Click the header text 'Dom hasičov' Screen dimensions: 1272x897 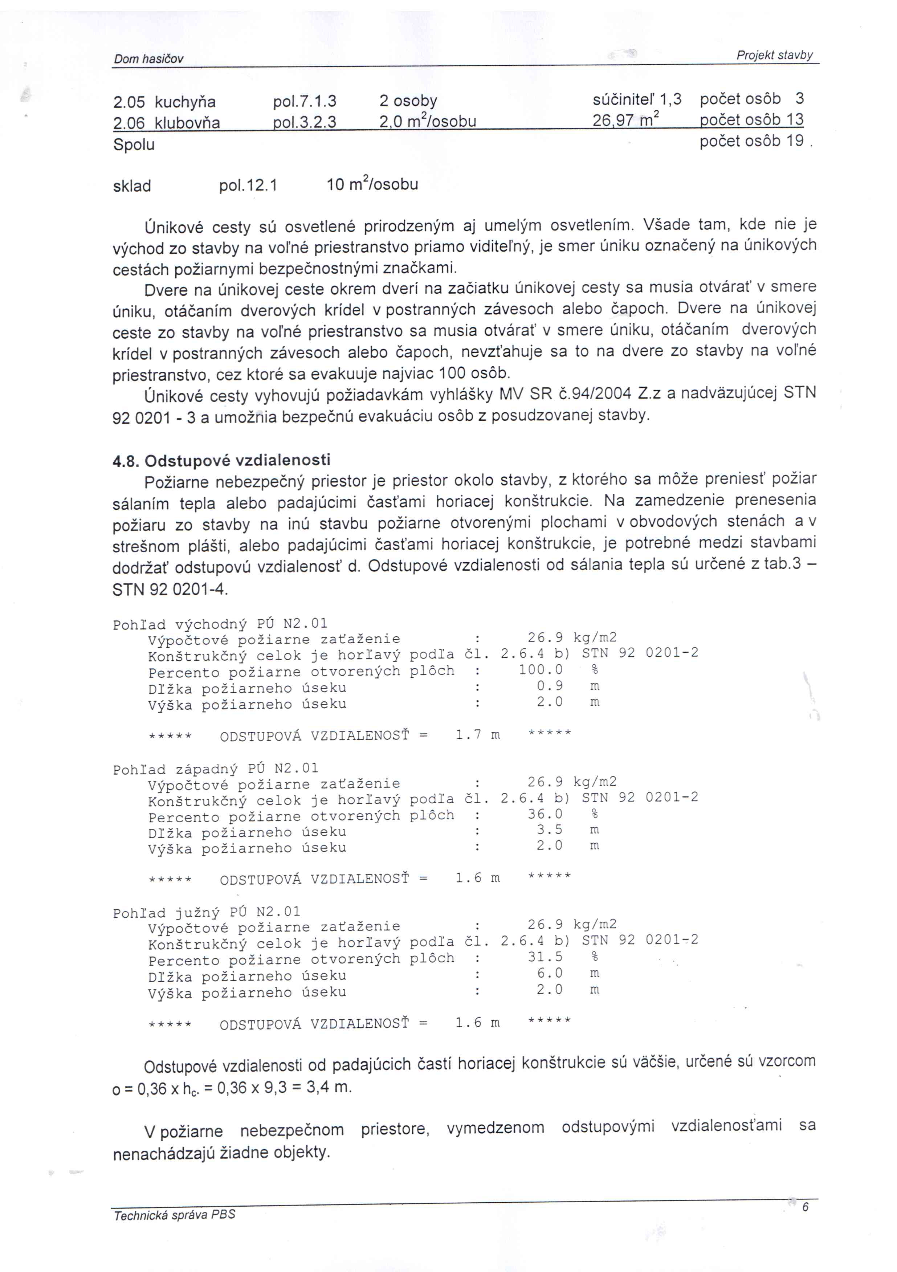click(x=148, y=59)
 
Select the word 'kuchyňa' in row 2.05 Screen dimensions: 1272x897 click(x=185, y=102)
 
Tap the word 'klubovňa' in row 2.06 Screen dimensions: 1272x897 click(x=187, y=122)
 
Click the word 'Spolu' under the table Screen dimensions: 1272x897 click(x=134, y=144)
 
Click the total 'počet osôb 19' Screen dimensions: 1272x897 click(x=751, y=141)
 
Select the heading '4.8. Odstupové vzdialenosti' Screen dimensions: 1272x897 click(x=222, y=460)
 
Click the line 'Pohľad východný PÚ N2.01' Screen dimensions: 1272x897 click(x=220, y=624)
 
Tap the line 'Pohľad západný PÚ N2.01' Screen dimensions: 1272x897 click(x=216, y=768)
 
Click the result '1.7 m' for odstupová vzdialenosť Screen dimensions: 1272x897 click(x=478, y=735)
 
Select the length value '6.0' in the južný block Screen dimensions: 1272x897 click(x=549, y=973)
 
